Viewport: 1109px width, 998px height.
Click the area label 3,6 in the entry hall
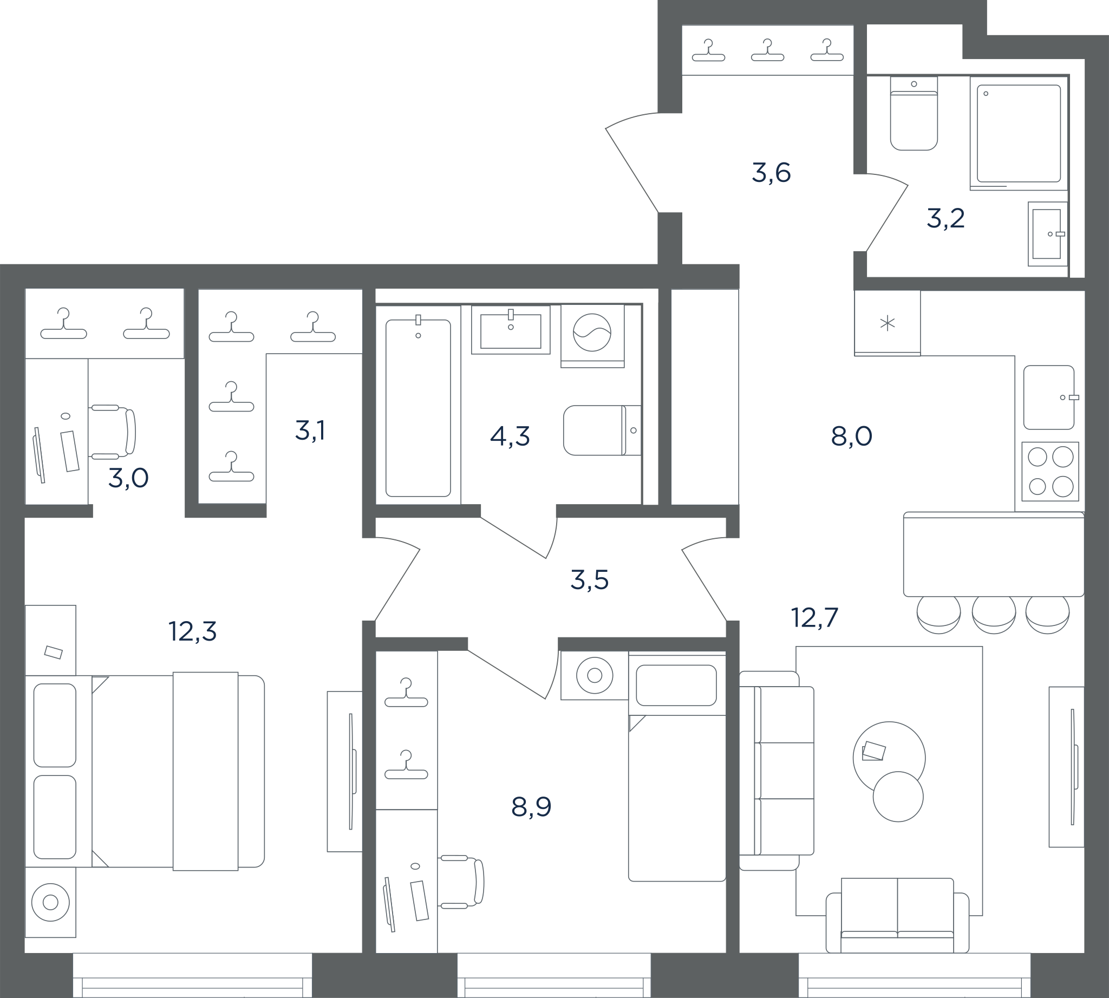tap(771, 173)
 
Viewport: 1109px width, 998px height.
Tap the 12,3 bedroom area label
tap(193, 631)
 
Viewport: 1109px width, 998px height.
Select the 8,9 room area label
tap(531, 807)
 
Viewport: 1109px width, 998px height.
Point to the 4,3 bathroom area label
tap(510, 436)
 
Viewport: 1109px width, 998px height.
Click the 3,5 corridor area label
tap(590, 579)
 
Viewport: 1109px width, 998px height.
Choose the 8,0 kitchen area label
tap(852, 436)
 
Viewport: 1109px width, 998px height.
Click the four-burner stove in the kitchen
tap(1051, 472)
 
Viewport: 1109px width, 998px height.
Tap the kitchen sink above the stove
tap(1049, 397)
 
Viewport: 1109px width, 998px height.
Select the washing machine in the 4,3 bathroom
tap(592, 336)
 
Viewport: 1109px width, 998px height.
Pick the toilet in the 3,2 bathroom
tap(914, 113)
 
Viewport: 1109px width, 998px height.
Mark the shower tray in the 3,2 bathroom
tap(1019, 133)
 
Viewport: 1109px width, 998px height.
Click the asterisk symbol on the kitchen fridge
tap(888, 323)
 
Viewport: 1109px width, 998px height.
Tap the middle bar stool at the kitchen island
tap(994, 614)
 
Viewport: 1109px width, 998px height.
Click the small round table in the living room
tap(898, 796)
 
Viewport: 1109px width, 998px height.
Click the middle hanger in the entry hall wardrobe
tap(767, 50)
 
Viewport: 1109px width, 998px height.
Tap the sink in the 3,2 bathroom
tap(1048, 234)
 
